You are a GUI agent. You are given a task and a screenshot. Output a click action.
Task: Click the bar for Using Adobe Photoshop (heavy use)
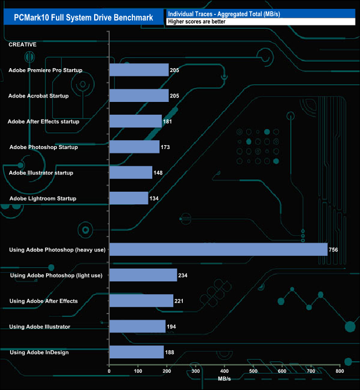coord(218,250)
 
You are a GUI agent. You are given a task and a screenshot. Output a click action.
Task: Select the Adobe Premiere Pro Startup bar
coord(139,70)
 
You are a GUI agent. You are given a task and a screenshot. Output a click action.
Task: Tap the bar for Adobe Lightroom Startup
coord(129,198)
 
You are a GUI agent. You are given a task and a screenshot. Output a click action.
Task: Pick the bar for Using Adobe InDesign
coord(137,352)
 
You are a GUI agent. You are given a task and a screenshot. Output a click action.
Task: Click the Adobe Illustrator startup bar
coord(131,173)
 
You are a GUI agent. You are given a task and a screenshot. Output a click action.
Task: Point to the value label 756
coord(333,250)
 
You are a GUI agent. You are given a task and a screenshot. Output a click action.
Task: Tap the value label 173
coord(165,147)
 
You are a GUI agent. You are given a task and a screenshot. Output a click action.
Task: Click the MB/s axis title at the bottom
coord(224,379)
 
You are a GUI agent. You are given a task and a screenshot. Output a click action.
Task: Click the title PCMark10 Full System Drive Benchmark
coord(84,18)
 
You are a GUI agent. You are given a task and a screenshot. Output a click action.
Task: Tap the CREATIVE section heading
coord(23,44)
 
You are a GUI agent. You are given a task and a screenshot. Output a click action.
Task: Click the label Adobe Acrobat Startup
coord(39,96)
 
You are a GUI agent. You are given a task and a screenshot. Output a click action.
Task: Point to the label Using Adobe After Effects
coord(44,301)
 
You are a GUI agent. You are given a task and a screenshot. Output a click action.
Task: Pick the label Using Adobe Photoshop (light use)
coord(56,275)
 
